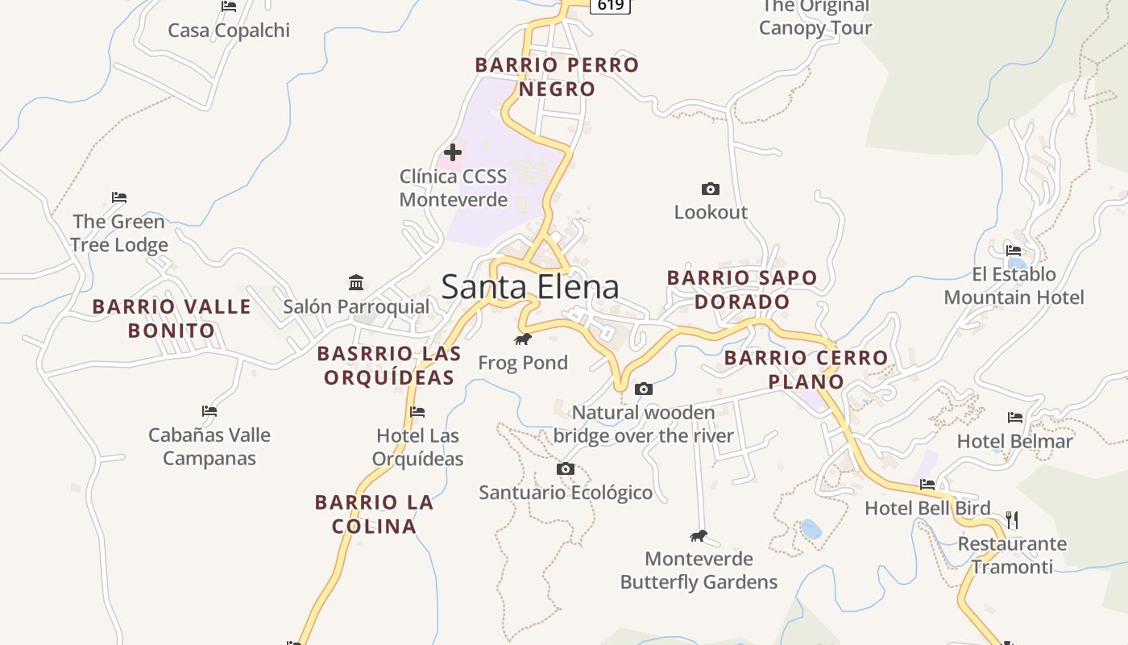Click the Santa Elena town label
click(530, 287)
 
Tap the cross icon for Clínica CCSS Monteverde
click(453, 152)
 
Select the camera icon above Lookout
click(710, 189)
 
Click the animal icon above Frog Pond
click(523, 339)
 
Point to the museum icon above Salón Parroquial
click(356, 282)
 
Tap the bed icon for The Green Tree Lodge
click(119, 198)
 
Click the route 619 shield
click(610, 6)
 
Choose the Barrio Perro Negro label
click(557, 77)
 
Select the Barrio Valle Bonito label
click(172, 318)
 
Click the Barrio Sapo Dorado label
click(742, 289)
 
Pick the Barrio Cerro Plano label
click(806, 369)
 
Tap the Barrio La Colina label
click(374, 514)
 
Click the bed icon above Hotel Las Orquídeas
click(417, 412)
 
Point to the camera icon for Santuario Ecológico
click(566, 468)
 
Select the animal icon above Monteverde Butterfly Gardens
click(698, 536)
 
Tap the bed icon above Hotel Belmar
click(1015, 418)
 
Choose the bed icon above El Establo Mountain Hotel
click(1014, 250)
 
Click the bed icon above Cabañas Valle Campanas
click(209, 411)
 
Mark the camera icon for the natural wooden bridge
click(643, 389)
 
